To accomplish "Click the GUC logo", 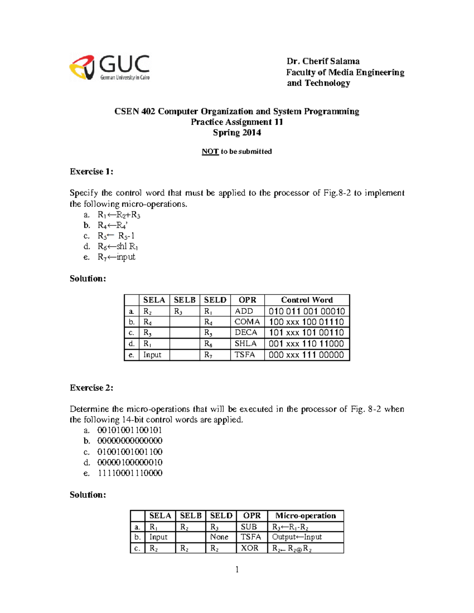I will (109, 67).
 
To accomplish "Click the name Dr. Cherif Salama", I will (323, 61).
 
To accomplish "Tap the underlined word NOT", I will (210, 152).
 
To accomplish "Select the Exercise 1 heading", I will (91, 172).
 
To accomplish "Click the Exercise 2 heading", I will (91, 388).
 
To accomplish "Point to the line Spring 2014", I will (237, 133).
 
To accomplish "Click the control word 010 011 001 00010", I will (307, 311).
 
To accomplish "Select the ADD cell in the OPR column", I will (244, 311).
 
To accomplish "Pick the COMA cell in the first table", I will (247, 322).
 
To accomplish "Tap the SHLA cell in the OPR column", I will (245, 344).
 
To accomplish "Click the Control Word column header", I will (307, 300).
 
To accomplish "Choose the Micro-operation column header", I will (305, 516).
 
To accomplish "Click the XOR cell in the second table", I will (250, 548).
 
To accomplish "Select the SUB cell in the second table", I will (249, 527).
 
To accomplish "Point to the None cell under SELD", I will (219, 537).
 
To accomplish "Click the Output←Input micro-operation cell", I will (297, 537).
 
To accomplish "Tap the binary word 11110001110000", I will (130, 473).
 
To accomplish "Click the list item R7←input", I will (117, 257).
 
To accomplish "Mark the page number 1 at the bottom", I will (237, 569).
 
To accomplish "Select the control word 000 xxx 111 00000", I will (306, 355).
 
